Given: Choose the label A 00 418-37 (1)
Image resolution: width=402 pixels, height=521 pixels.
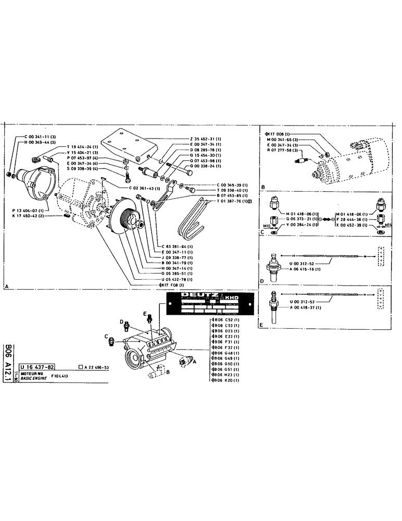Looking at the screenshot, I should [x=301, y=307].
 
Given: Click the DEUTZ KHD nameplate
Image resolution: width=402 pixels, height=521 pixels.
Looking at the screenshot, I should [x=208, y=305].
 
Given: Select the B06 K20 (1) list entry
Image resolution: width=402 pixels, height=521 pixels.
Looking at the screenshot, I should [x=225, y=381].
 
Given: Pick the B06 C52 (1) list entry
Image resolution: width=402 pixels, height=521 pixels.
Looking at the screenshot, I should [x=225, y=320].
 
